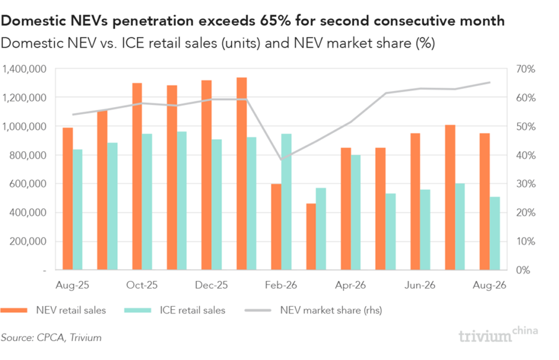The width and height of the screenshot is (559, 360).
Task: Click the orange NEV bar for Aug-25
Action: coord(67,199)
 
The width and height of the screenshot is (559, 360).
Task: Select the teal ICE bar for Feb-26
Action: coord(286,202)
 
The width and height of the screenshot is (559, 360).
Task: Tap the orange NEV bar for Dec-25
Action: coord(206,175)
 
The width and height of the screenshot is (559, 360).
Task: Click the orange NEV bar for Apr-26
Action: coord(346,208)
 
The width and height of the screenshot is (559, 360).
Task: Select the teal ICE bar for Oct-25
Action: coord(147,202)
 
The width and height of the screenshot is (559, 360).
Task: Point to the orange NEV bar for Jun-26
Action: coord(415,201)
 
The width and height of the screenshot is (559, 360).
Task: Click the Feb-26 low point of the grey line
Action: coord(281,160)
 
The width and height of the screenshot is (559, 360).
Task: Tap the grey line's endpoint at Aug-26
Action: coord(490,82)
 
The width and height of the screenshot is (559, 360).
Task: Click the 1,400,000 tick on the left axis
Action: coord(25,69)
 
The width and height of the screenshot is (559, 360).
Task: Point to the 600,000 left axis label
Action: coord(28,184)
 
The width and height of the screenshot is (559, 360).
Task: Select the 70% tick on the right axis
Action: coord(526,69)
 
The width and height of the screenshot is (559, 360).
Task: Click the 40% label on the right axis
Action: coord(526,155)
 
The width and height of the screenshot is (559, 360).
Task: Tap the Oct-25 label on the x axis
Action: coord(142,285)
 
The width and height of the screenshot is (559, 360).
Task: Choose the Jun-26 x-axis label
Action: coord(420,285)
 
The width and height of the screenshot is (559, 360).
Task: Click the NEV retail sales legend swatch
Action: coord(14,310)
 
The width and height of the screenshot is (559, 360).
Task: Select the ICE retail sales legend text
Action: coord(193,310)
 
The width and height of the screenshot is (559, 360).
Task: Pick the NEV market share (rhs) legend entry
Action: coord(313,310)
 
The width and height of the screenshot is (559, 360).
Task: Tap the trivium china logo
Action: coord(498,335)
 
